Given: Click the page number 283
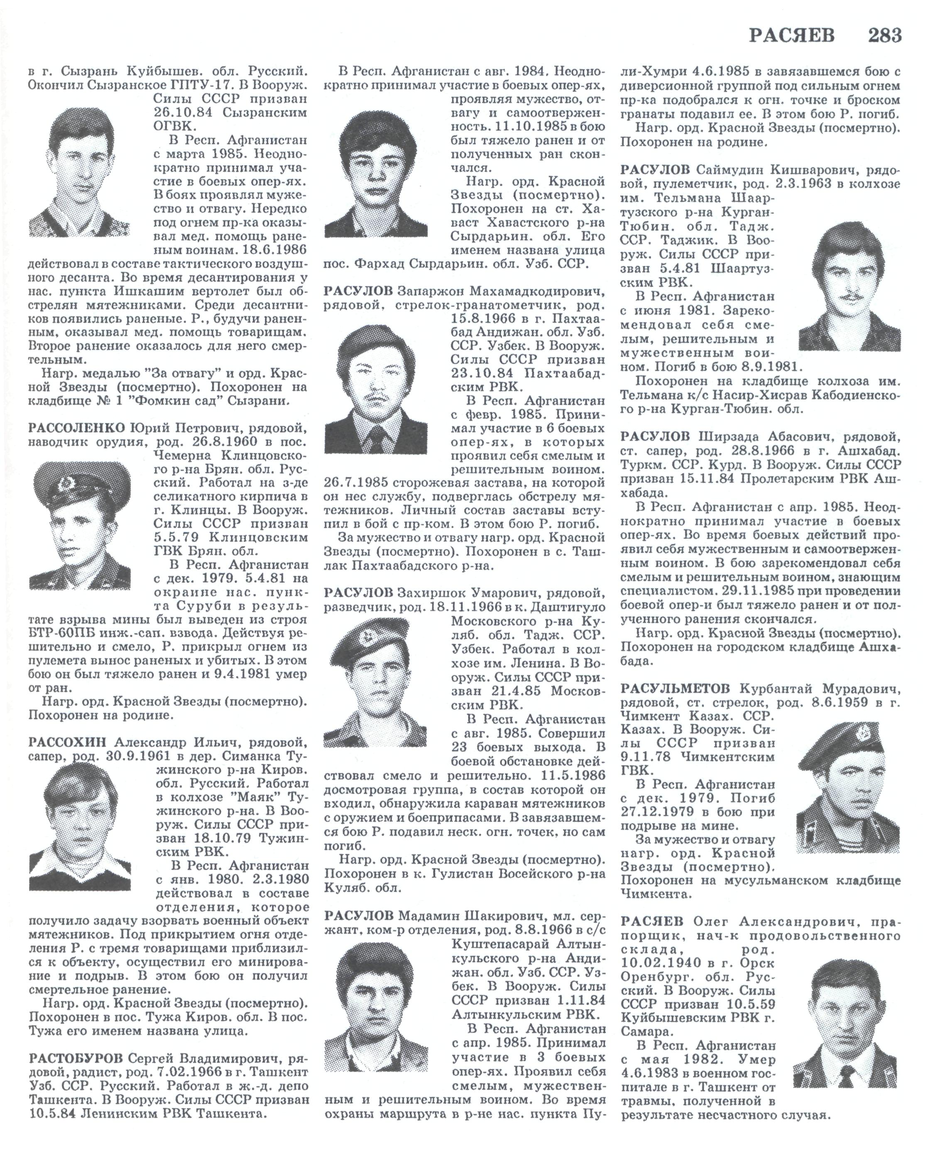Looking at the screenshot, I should (884, 35).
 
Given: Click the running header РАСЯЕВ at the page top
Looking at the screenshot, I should (791, 35).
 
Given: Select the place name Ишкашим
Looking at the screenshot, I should (154, 292).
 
